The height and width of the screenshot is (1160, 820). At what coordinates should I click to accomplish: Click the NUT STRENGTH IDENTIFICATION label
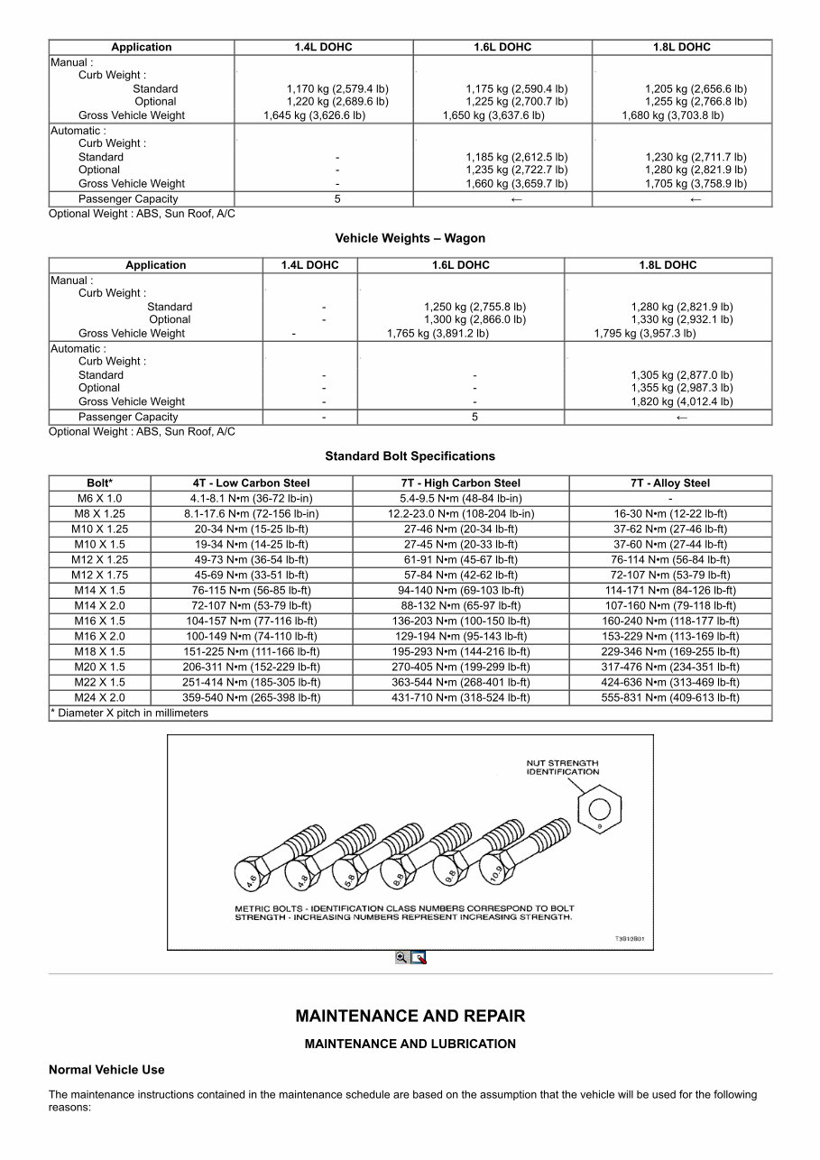(562, 768)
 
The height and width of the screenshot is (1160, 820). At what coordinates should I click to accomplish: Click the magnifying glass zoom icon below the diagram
(401, 958)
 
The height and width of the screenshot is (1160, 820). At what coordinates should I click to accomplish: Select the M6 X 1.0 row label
(99, 498)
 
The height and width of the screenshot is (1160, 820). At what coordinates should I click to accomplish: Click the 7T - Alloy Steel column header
(669, 483)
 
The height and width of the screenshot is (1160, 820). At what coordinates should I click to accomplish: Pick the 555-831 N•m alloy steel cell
(669, 697)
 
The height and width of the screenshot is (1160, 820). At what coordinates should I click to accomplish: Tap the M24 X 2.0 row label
(99, 697)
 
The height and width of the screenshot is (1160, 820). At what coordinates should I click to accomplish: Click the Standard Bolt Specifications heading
(410, 456)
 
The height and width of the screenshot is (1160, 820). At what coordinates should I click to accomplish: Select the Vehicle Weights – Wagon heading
(410, 238)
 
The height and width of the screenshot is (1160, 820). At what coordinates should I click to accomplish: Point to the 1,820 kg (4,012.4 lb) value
(681, 401)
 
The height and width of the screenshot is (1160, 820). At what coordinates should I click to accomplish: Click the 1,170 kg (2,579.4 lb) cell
(337, 89)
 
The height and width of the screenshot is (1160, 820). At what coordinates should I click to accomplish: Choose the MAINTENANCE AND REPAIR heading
(410, 1016)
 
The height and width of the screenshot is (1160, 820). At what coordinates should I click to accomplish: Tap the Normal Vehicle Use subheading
(106, 1070)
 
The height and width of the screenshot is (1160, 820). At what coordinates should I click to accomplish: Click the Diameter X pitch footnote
(131, 713)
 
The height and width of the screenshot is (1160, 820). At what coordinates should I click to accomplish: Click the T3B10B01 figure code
(630, 938)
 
